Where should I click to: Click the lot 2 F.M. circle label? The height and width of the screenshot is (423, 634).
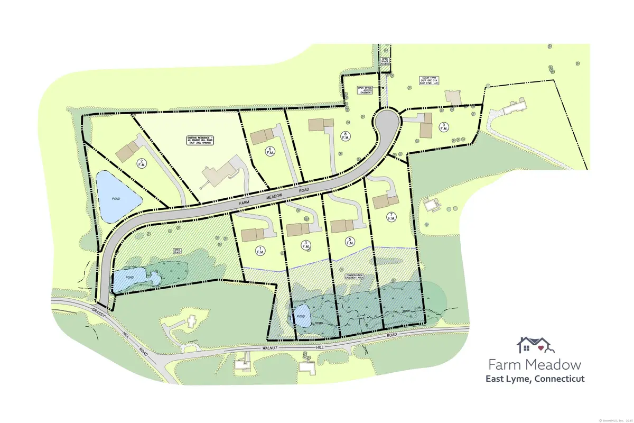pyautogui.click(x=142, y=163)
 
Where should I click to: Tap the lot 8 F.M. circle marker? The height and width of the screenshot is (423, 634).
pyautogui.click(x=345, y=135)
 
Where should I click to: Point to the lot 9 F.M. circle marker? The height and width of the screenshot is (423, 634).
pyautogui.click(x=444, y=127)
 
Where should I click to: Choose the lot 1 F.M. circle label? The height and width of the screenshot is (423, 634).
pyautogui.click(x=259, y=250)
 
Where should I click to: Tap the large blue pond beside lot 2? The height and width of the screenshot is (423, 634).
pyautogui.click(x=118, y=197)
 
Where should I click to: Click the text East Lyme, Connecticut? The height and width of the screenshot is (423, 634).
pyautogui.click(x=535, y=379)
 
